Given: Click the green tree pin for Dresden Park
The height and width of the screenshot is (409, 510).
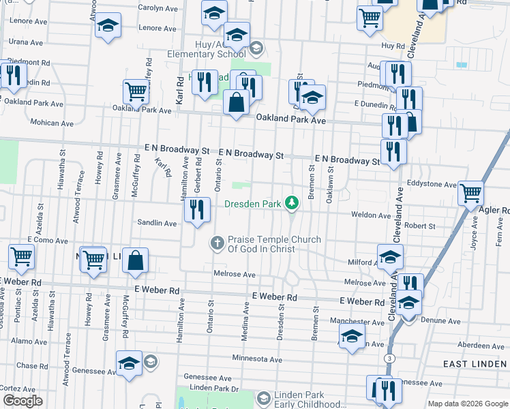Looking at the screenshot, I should click(x=292, y=202).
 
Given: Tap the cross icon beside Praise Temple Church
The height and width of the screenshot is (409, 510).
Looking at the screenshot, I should click(x=217, y=243).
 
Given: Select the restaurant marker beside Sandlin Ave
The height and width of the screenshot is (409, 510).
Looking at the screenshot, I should click(x=196, y=211).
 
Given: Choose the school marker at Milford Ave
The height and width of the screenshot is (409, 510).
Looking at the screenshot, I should click(x=390, y=257).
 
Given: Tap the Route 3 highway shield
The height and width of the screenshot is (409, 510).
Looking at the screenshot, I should click(x=388, y=357).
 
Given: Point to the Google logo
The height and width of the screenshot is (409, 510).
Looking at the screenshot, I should click(x=22, y=401).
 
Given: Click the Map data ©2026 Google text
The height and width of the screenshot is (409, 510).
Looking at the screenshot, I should click(x=467, y=404).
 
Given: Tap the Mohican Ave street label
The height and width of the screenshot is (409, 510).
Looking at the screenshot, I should click(x=52, y=123).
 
